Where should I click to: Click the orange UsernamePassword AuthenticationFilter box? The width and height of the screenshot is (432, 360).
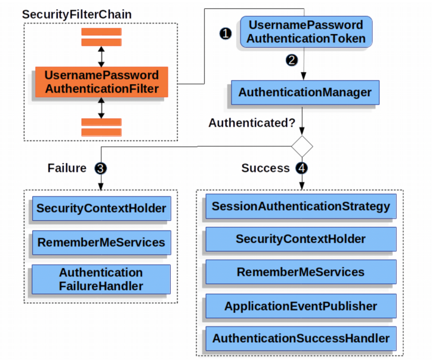pos(101,82)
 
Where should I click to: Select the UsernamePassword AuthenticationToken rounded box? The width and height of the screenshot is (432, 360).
pos(306,32)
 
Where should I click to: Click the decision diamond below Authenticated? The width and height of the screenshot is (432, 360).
pos(303,146)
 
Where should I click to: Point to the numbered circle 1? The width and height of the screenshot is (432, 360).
pos(225,34)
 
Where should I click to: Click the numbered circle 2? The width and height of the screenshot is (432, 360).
pos(291,60)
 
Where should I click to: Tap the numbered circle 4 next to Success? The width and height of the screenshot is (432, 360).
pos(302,168)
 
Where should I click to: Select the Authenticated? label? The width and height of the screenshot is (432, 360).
pos(252,123)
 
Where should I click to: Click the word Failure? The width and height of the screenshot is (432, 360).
pos(67,168)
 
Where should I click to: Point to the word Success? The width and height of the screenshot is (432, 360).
pos(266,168)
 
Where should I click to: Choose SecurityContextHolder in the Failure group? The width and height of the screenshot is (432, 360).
pos(101,209)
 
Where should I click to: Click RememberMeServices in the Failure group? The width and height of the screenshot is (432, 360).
pos(101,242)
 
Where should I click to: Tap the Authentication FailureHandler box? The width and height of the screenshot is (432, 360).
pos(101,279)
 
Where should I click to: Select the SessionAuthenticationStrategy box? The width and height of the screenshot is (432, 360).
pos(301,207)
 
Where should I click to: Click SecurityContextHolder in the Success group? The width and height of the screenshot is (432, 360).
pos(301,239)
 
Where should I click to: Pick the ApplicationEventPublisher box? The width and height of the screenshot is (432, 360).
pos(301,306)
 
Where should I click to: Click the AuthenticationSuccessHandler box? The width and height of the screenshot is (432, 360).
pos(301,339)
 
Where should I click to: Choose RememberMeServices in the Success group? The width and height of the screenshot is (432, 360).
pos(301,272)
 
